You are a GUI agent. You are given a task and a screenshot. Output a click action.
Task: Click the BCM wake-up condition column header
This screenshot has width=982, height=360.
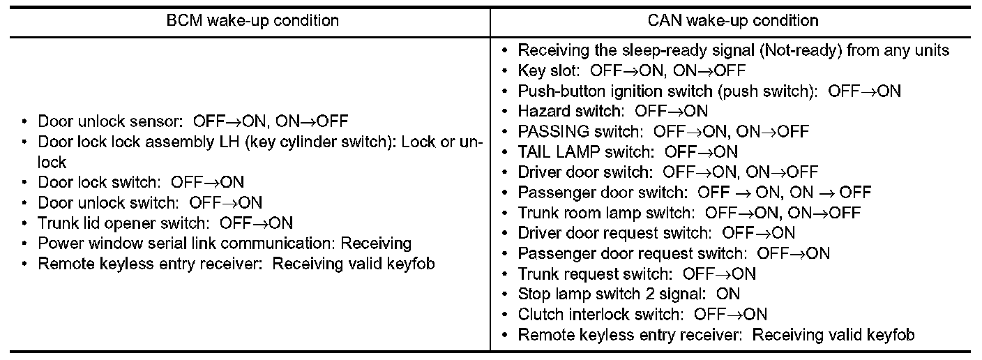coord(252,20)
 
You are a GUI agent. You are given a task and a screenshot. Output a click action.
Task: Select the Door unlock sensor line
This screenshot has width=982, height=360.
coord(192,121)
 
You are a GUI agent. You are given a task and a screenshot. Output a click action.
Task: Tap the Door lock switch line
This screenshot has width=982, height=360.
coord(141,183)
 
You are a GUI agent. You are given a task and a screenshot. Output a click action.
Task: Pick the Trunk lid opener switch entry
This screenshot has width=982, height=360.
coord(165,223)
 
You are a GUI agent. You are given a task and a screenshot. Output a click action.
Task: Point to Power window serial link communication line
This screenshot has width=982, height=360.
coord(225,243)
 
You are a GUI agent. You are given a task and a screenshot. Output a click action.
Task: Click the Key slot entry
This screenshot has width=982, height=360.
coord(631,70)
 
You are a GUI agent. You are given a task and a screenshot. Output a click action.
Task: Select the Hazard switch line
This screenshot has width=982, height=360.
coord(612,111)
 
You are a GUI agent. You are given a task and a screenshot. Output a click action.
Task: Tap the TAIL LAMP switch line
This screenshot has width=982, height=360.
coord(627,151)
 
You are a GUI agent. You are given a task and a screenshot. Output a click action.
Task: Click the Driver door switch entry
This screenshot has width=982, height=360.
coord(667,172)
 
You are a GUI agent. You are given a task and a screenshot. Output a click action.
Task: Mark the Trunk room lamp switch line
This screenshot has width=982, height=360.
coord(688,212)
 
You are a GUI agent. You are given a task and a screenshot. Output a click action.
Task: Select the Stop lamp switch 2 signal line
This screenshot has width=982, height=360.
coord(628,294)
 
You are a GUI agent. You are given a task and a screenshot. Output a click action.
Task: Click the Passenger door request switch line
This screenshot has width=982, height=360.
coord(673,253)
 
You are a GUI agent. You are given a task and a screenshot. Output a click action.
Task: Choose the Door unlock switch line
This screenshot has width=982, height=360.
coord(150,203)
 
